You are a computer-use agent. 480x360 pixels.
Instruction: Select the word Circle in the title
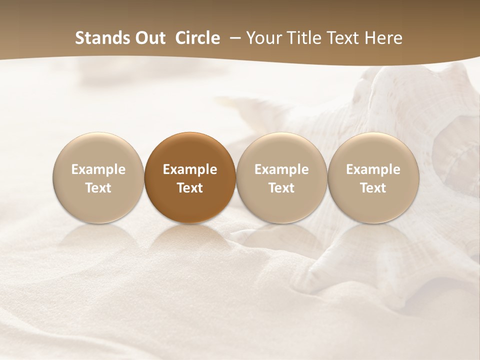pyautogui.click(x=197, y=38)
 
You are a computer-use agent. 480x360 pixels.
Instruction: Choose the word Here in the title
pyautogui.click(x=384, y=38)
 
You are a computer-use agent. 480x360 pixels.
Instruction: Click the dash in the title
pyautogui.click(x=233, y=38)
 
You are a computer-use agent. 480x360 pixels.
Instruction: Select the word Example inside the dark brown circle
pyautogui.click(x=190, y=169)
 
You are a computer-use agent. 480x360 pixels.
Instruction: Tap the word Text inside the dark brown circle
pyautogui.click(x=190, y=188)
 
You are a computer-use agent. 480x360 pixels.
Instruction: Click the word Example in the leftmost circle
pyautogui.click(x=98, y=169)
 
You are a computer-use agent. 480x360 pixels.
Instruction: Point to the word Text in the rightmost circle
pyautogui.click(x=373, y=188)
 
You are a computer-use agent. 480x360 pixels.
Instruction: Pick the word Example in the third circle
pyautogui.click(x=281, y=169)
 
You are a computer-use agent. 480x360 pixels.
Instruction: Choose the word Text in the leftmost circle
pyautogui.click(x=98, y=188)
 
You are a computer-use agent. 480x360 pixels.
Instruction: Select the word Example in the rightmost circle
pyautogui.click(x=373, y=169)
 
